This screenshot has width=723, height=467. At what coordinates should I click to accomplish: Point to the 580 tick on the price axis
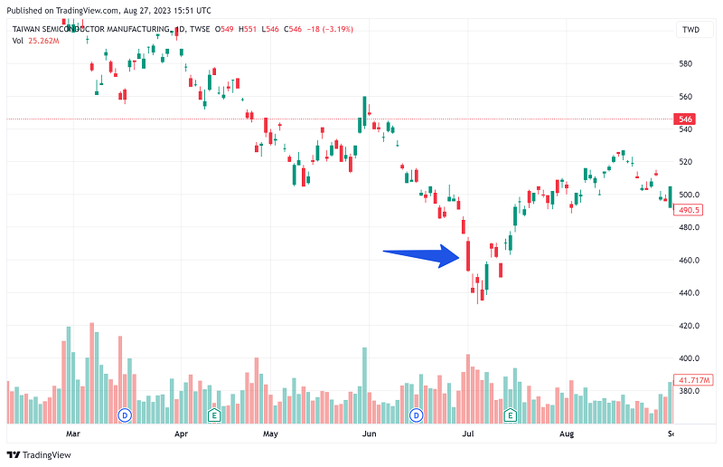(685, 63)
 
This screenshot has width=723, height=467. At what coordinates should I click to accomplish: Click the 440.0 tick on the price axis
(690, 293)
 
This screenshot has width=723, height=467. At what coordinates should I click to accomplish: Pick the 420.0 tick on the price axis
(690, 326)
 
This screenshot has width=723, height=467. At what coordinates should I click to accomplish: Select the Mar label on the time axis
(74, 434)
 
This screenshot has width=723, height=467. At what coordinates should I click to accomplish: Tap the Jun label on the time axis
(369, 434)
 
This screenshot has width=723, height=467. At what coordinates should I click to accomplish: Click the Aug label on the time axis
(567, 434)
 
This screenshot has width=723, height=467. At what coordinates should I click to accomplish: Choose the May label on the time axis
(270, 434)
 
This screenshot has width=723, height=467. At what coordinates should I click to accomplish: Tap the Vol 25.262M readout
(36, 41)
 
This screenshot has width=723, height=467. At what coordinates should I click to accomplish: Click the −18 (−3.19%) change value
(330, 29)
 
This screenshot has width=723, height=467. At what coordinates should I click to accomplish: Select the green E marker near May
(215, 415)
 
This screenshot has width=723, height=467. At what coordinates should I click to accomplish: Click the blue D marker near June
(417, 415)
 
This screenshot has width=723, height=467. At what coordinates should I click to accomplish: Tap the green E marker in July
(510, 415)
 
